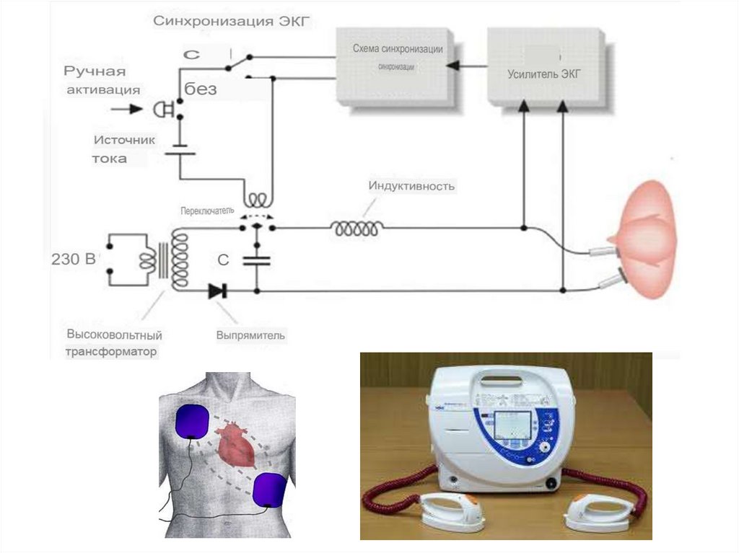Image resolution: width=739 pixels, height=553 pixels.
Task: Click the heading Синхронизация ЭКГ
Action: tap(231, 22)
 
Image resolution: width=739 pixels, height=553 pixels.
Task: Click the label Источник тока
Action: tap(123, 149)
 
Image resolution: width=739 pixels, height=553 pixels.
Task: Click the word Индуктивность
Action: tap(411, 186)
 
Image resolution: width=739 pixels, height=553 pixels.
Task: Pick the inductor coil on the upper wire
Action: tap(357, 228)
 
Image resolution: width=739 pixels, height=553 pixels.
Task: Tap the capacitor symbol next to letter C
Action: tap(256, 261)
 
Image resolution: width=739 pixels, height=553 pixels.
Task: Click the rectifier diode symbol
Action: tap(217, 291)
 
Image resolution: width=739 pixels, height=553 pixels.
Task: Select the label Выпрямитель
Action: tap(250, 335)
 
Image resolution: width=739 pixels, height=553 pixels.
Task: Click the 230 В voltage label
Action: tap(73, 260)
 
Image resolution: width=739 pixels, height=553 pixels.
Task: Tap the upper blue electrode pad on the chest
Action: tap(193, 422)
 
